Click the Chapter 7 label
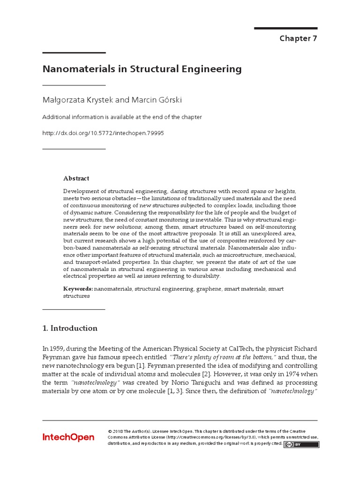(298, 38)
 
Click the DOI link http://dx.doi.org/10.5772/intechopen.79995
(103, 133)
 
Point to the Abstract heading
(76, 178)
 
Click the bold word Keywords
(78, 289)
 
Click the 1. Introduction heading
(70, 328)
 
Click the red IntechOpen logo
(68, 437)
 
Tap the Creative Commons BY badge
(302, 444)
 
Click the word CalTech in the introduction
(228, 348)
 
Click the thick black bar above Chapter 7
(285, 28)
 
